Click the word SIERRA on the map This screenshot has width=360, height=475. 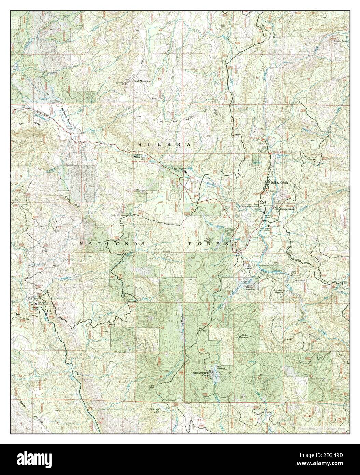(164, 145)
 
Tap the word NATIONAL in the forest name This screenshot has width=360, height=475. (113, 244)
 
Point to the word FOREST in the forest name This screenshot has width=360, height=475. (213, 244)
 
